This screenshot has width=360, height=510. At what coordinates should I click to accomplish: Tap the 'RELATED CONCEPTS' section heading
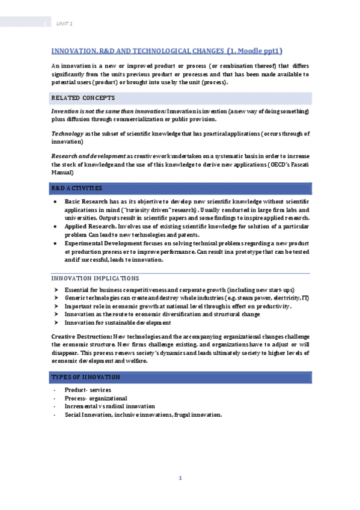pyautogui.click(x=83, y=97)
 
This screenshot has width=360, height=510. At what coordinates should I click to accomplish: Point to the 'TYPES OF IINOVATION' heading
pyautogui.click(x=85, y=377)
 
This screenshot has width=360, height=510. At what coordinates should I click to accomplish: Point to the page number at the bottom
pyautogui.click(x=180, y=478)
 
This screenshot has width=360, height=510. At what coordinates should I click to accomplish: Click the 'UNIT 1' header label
pyautogui.click(x=64, y=23)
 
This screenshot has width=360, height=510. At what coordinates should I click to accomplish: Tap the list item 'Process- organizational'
pyautogui.click(x=96, y=398)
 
